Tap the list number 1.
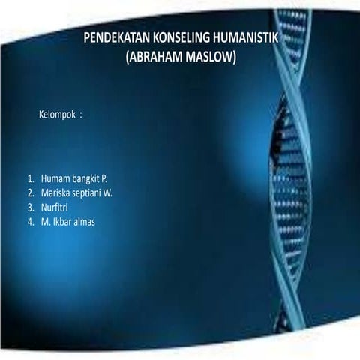point(30,180)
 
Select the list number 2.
point(30,194)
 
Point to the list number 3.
point(30,208)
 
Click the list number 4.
point(30,223)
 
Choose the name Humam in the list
point(55,180)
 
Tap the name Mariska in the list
point(56,194)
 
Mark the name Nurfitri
point(56,208)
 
